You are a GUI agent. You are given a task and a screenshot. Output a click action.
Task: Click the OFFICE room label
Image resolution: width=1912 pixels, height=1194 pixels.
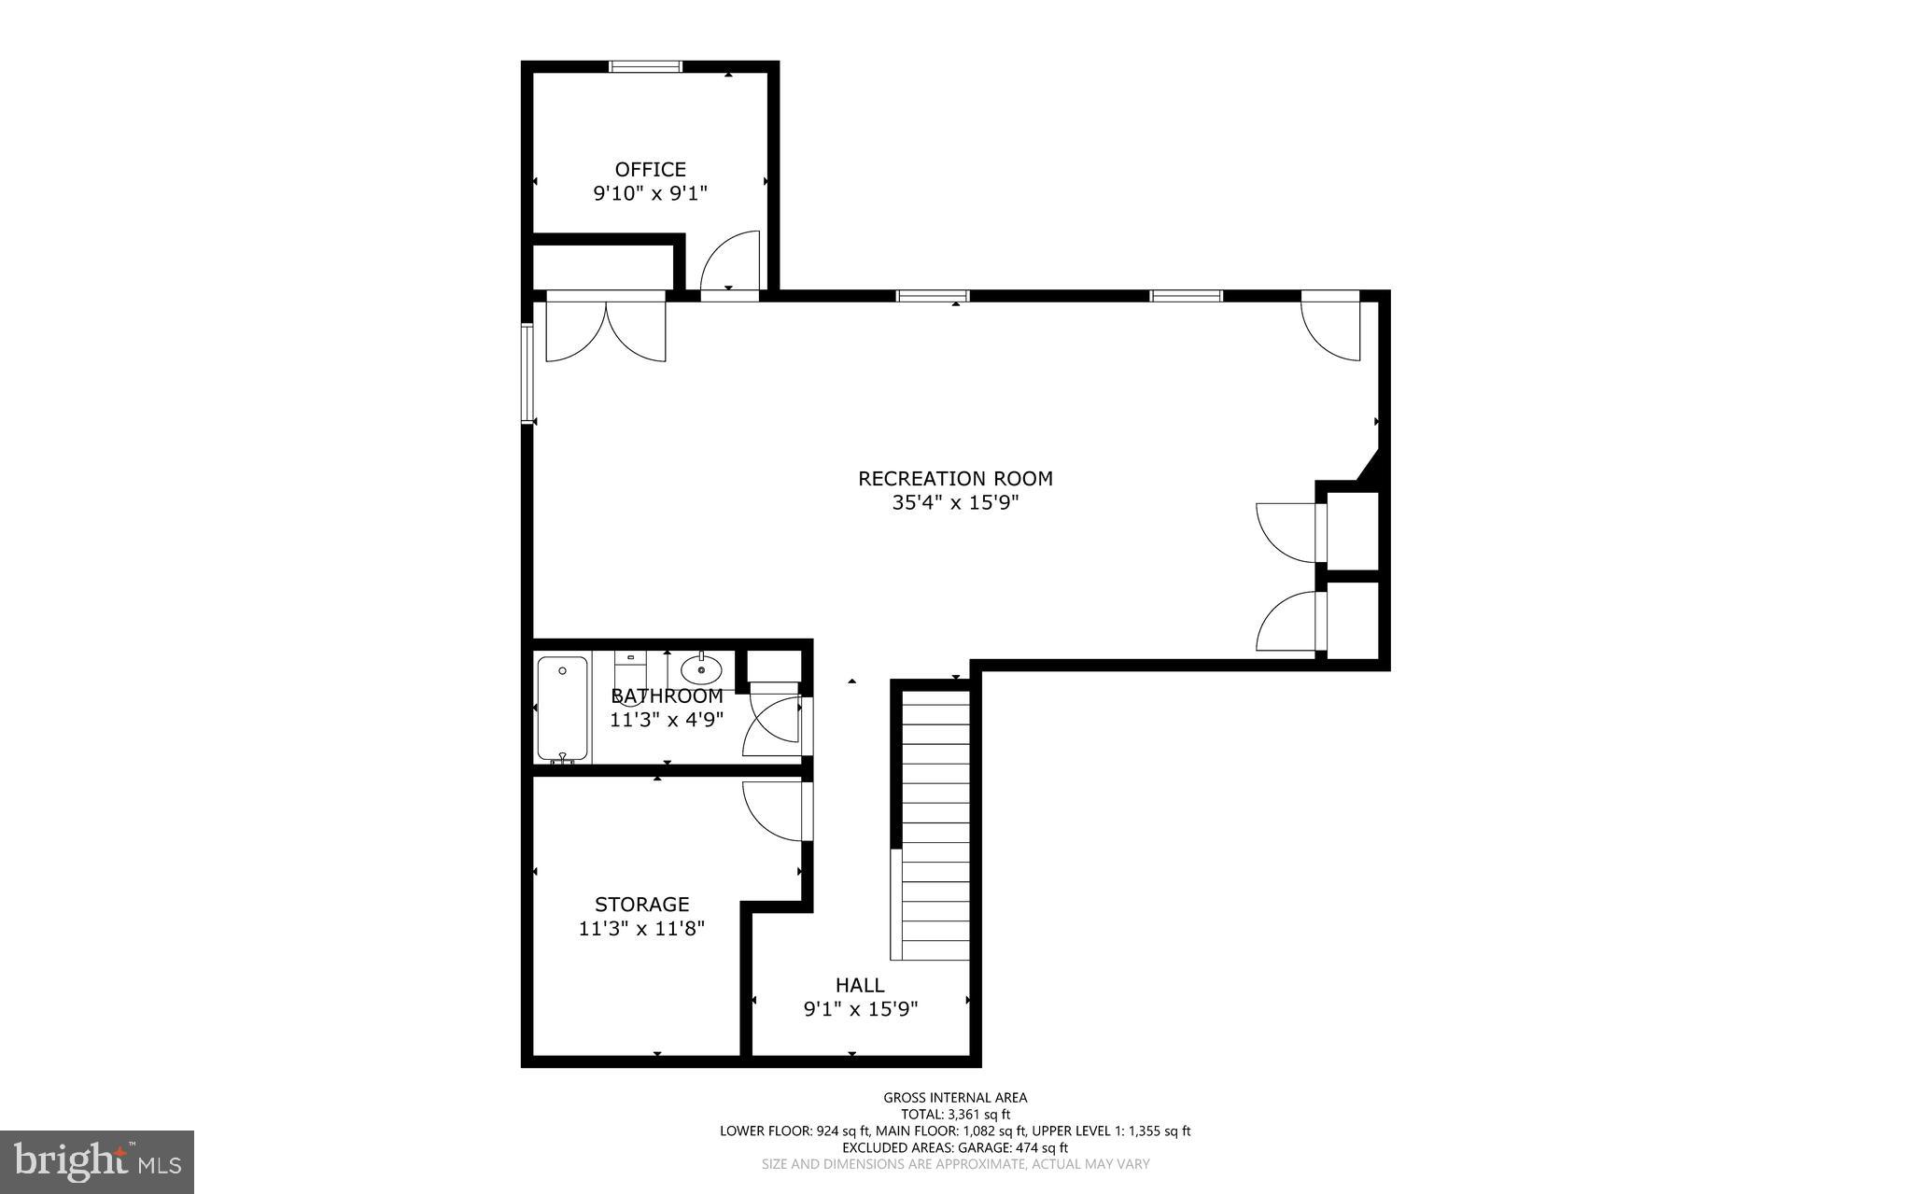point(650,169)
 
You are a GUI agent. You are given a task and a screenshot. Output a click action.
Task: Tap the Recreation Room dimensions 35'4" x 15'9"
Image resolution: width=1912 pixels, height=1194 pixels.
point(954,503)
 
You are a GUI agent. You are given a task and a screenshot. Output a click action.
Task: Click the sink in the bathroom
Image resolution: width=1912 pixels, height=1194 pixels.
point(700,668)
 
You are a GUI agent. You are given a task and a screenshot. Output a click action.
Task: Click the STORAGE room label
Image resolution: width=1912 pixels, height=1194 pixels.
point(641,904)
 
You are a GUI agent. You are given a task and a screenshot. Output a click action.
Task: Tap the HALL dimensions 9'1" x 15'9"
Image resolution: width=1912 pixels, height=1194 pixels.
point(861,1009)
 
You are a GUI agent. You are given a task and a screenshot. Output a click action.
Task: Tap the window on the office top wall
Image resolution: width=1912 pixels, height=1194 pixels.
point(645,66)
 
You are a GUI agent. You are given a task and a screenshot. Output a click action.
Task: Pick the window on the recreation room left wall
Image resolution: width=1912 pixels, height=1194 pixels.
point(527,373)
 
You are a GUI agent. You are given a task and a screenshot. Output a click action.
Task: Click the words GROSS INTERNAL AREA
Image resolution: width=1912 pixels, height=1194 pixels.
point(955,1098)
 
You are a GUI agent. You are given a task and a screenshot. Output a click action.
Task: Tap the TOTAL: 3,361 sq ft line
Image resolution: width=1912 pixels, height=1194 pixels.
point(955,1115)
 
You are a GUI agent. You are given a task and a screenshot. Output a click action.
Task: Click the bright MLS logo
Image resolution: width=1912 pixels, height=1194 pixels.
point(97,1161)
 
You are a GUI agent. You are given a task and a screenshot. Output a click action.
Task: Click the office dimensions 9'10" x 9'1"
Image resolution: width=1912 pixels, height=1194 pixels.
point(650,194)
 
